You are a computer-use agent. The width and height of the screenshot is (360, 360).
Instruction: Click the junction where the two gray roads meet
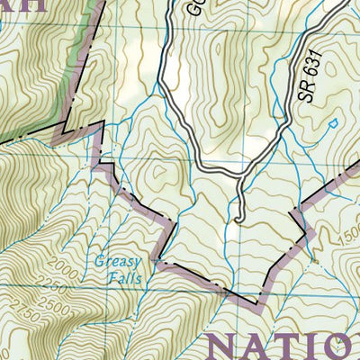[241, 177]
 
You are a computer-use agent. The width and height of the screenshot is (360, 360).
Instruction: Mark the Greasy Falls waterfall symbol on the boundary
[158, 262]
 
